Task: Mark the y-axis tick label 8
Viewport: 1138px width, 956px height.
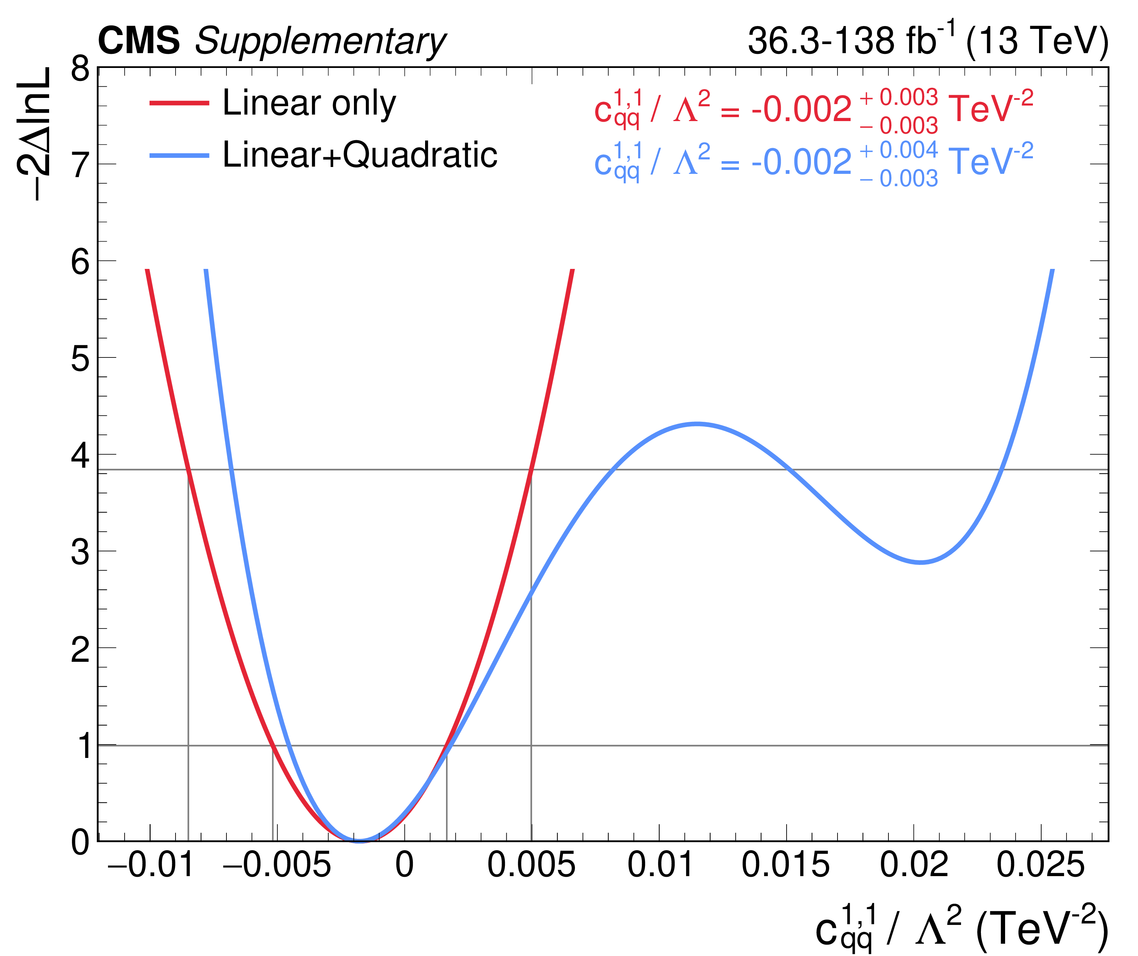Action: tap(80, 69)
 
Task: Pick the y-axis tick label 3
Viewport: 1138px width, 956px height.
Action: tap(80, 553)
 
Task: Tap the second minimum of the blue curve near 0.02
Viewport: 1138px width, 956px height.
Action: tap(920, 562)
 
